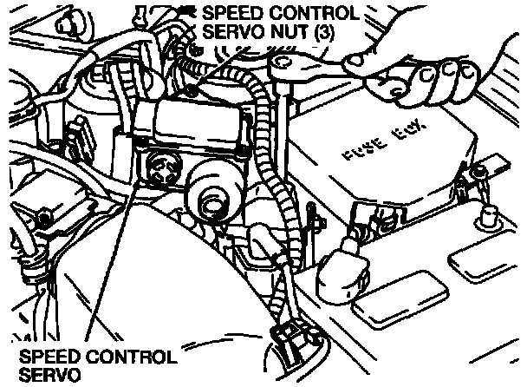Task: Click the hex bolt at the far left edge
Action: pyautogui.click(x=39, y=214)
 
